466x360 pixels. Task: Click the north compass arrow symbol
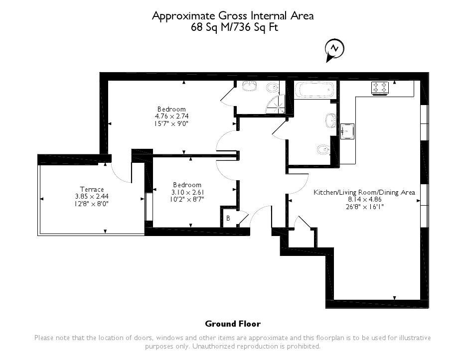coord(334,49)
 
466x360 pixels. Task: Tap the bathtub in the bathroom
coord(314,90)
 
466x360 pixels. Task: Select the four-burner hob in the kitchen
coord(380,88)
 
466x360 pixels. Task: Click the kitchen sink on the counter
coord(347,131)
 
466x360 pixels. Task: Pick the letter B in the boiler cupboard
coord(228,218)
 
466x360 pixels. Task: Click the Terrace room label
coord(93,189)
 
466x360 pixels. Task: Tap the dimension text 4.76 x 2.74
coord(171,116)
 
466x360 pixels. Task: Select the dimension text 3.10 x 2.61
coord(187,192)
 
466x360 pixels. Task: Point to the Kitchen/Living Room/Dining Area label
coord(364,192)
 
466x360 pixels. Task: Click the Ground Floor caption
coord(233,324)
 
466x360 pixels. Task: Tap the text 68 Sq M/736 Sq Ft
coord(233,27)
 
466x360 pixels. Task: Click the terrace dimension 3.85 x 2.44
coord(93,196)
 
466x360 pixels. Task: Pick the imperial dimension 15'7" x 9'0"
coord(171,123)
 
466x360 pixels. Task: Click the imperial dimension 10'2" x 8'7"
coord(187,199)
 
